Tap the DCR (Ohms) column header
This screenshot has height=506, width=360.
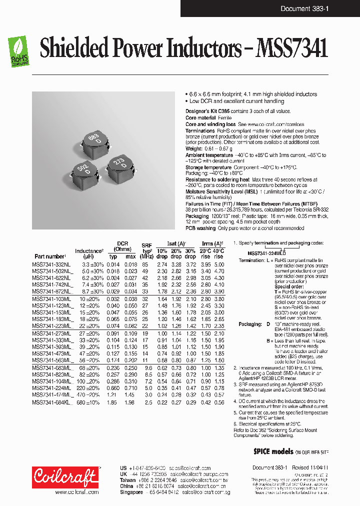(x=123, y=246)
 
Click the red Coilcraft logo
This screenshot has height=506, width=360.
(x=65, y=477)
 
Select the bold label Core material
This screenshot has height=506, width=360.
(x=201, y=117)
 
